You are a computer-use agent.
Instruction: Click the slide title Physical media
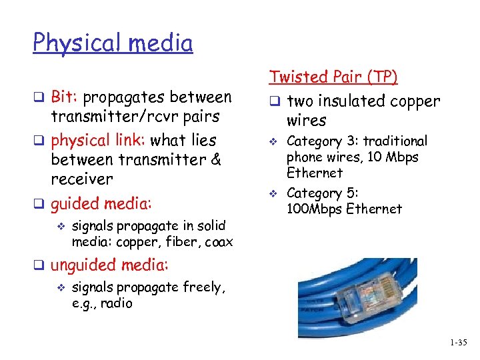pos(113,43)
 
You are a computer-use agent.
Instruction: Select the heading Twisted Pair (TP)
pos(333,77)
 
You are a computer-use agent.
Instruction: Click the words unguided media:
pos(109,265)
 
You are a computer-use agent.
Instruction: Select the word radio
pos(117,303)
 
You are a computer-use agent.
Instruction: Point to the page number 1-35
pos(459,343)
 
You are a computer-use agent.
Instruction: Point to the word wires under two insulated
pos(306,121)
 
